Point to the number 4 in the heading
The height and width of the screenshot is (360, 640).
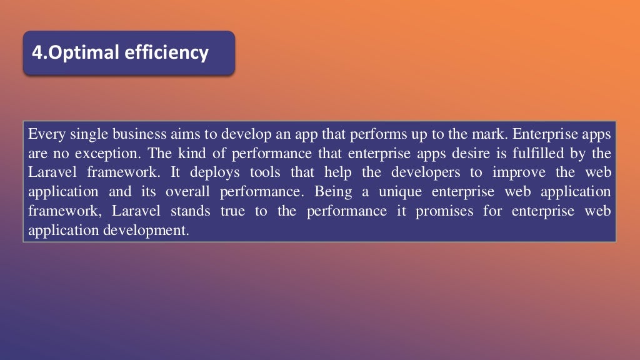tap(36, 52)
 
